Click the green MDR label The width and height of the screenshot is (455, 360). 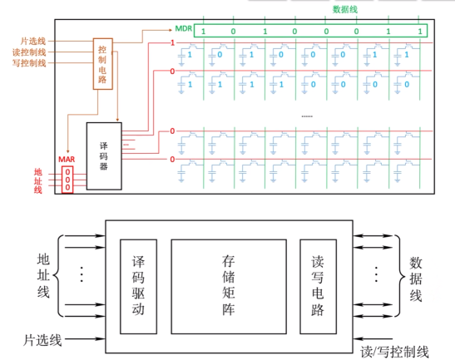pyautogui.click(x=183, y=29)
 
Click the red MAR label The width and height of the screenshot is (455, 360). pyautogui.click(x=67, y=160)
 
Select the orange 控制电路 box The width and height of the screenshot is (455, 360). pyautogui.click(x=102, y=64)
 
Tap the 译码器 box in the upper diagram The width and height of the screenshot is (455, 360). pyautogui.click(x=104, y=156)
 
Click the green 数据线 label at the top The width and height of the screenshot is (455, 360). pyautogui.click(x=344, y=10)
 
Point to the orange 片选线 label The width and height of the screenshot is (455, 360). pyautogui.click(x=32, y=42)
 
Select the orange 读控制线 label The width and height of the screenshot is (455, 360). pyautogui.click(x=29, y=52)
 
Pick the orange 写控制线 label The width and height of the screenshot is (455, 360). pyautogui.click(x=29, y=63)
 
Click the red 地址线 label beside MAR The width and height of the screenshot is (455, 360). pyautogui.click(x=38, y=180)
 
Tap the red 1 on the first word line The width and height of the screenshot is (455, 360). pyautogui.click(x=172, y=43)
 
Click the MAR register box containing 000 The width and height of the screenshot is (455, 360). pyautogui.click(x=67, y=180)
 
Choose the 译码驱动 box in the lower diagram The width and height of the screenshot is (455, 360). pyautogui.click(x=138, y=287)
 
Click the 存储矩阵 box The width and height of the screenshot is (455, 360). pyautogui.click(x=229, y=287)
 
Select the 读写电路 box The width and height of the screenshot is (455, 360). pyautogui.click(x=318, y=287)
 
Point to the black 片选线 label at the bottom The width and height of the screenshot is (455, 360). pyautogui.click(x=42, y=340)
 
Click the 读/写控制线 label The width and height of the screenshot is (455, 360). pyautogui.click(x=394, y=352)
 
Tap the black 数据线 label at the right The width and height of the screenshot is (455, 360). pyautogui.click(x=416, y=279)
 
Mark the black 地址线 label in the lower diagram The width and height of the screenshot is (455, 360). pyautogui.click(x=43, y=275)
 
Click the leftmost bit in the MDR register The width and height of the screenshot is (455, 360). pyautogui.click(x=203, y=32)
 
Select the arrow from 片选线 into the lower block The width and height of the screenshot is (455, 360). pyautogui.click(x=85, y=338)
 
